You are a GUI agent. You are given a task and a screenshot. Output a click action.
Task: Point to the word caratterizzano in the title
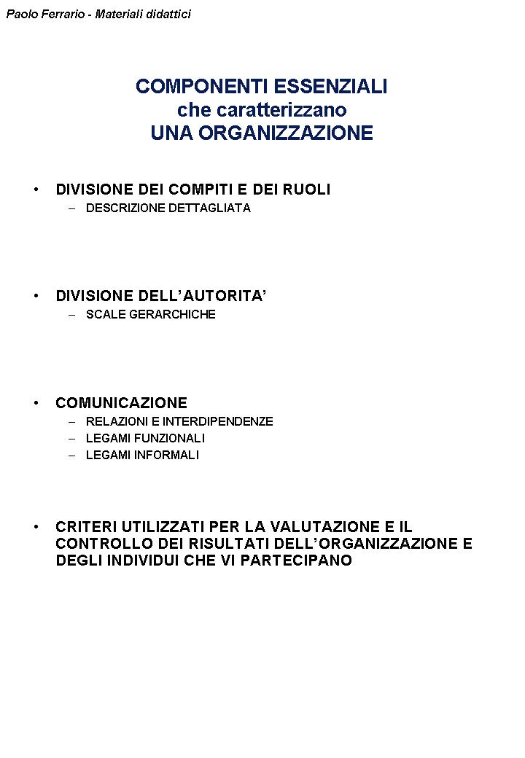283,110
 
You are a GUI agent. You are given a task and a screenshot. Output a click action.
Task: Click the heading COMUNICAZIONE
121,403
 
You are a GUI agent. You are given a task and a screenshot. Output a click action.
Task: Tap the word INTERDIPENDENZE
218,421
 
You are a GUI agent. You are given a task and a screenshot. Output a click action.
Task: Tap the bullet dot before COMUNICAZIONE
36,403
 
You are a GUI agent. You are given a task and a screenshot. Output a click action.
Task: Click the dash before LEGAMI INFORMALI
71,455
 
